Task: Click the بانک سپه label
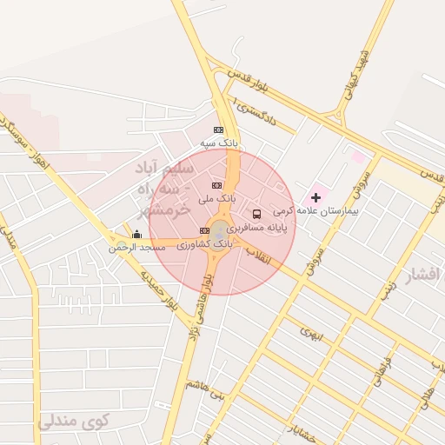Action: pyautogui.click(x=219, y=142)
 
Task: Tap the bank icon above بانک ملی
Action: pyautogui.click(x=216, y=185)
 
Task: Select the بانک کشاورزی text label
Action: pyautogui.click(x=205, y=245)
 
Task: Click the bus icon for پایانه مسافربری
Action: pyautogui.click(x=256, y=213)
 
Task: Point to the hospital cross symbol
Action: pyautogui.click(x=315, y=198)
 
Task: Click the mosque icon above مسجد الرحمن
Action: pyautogui.click(x=136, y=235)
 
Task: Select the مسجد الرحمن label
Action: pyautogui.click(x=136, y=248)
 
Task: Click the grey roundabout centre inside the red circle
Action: pyautogui.click(x=221, y=231)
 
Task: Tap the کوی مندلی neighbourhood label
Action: pyautogui.click(x=75, y=422)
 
